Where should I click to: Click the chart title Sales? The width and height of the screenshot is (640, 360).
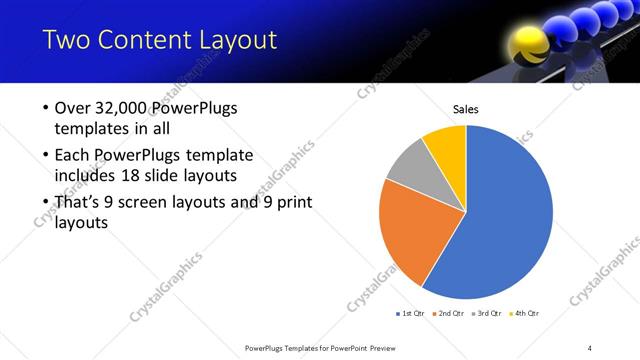tap(466, 108)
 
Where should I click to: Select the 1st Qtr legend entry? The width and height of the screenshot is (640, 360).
tap(411, 314)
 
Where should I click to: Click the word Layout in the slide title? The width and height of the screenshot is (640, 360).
tap(236, 41)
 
